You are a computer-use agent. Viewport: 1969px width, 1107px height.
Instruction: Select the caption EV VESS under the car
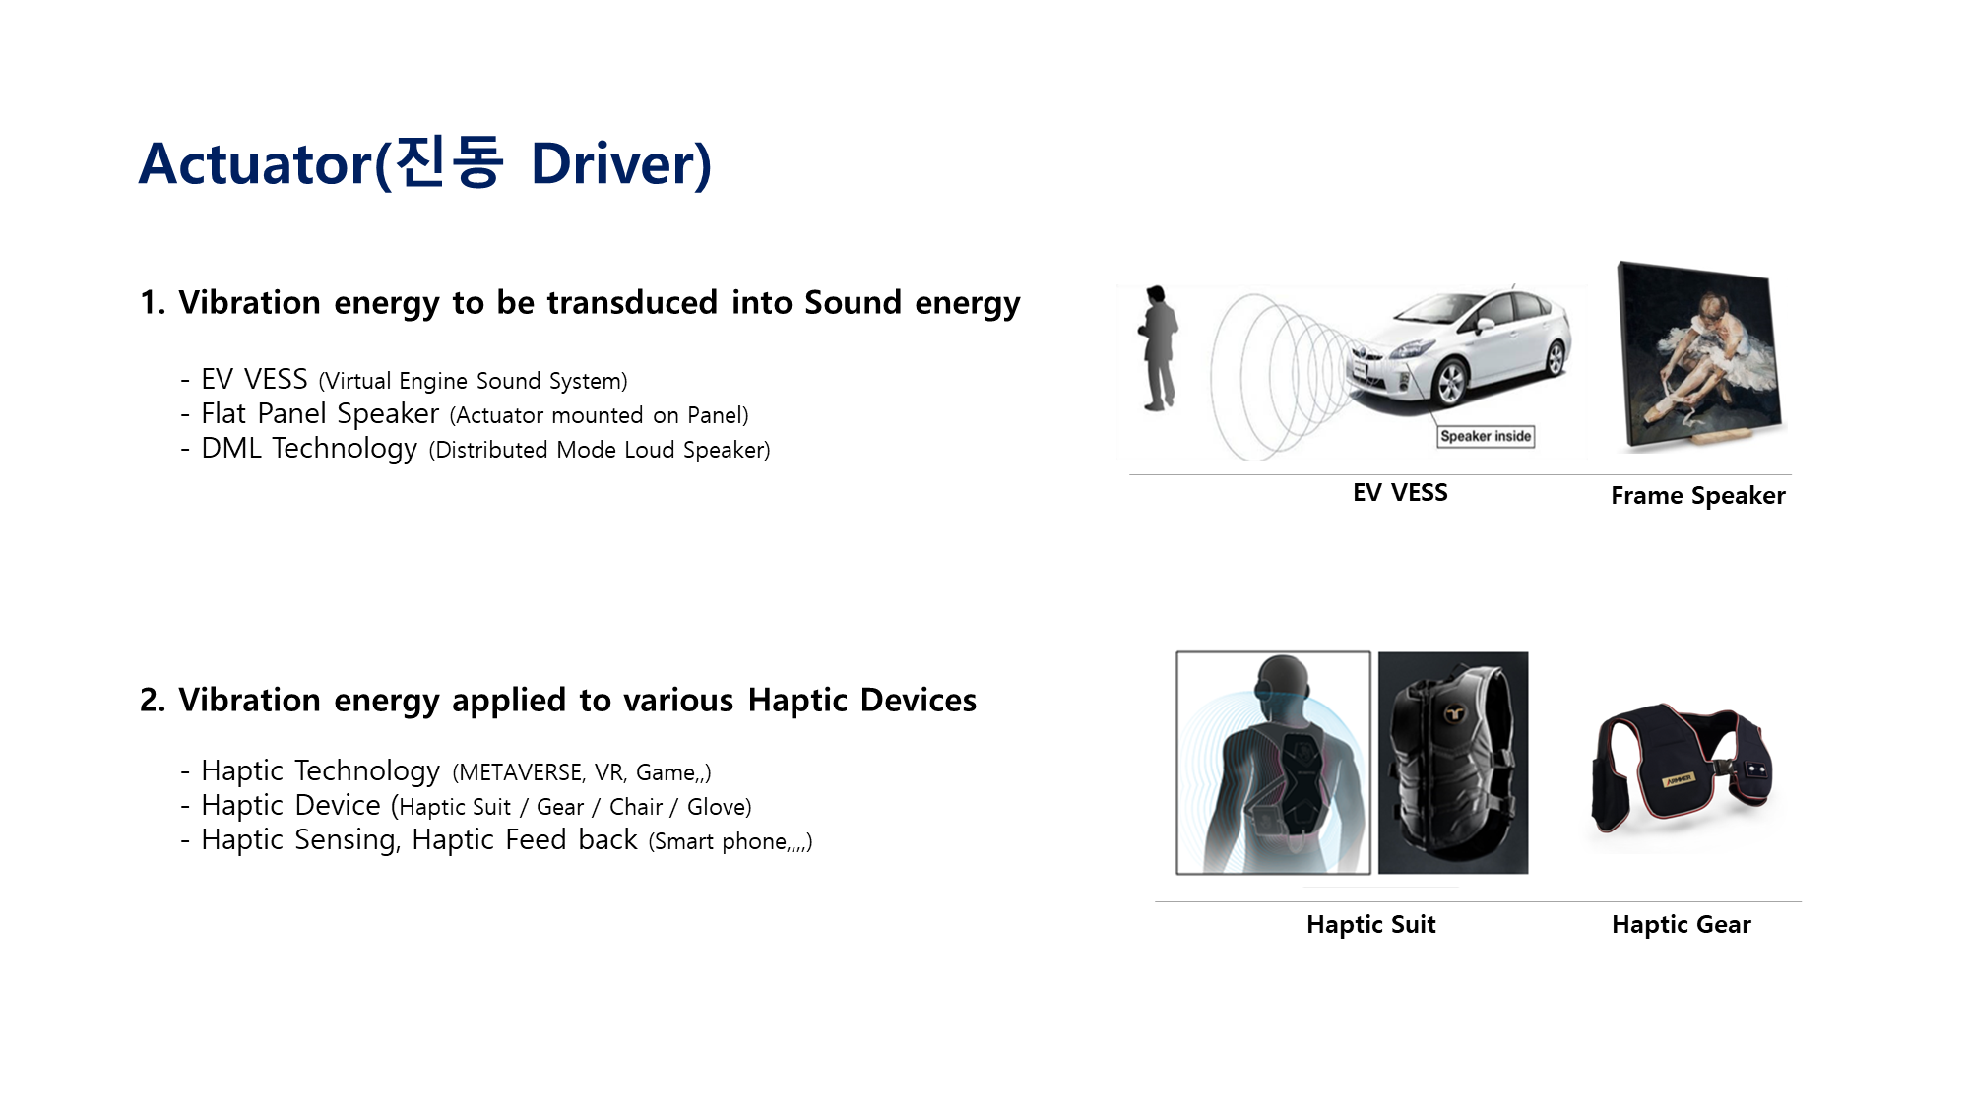click(1400, 492)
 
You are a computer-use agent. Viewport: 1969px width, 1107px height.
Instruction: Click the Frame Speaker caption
click(1698, 495)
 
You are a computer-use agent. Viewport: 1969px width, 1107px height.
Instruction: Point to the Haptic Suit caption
click(1371, 924)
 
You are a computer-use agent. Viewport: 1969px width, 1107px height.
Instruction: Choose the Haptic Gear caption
click(1682, 924)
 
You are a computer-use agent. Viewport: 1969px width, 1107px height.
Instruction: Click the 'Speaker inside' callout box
click(1486, 436)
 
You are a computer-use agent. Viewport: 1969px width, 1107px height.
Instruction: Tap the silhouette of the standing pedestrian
click(1159, 348)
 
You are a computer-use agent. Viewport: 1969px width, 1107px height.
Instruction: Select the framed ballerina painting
click(1702, 356)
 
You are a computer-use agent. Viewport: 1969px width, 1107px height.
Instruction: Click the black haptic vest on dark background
click(1453, 763)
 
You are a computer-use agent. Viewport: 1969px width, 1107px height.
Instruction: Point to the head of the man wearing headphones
click(1283, 685)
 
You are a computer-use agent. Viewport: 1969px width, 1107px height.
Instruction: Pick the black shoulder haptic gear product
click(1682, 769)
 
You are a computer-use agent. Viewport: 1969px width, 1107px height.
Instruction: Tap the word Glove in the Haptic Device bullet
click(716, 807)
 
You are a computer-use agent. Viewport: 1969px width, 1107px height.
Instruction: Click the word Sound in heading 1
click(853, 302)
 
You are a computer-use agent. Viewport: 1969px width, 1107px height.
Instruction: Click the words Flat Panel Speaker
click(320, 413)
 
